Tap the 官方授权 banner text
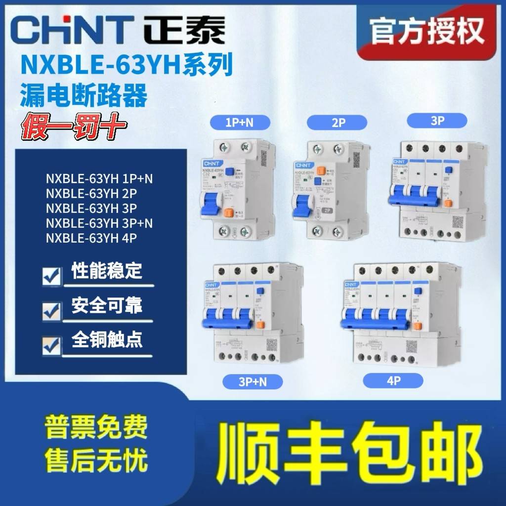[x=427, y=31]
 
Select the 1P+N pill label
[x=240, y=122]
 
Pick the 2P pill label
[x=337, y=123]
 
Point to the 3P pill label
[x=437, y=121]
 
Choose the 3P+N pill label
[x=252, y=381]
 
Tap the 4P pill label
[x=393, y=380]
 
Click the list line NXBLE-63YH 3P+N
[x=99, y=223]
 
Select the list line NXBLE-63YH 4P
[x=91, y=238]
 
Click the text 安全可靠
[x=107, y=306]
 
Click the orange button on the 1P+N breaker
[x=228, y=213]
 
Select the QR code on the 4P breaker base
[x=414, y=345]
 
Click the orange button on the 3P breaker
[x=447, y=203]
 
